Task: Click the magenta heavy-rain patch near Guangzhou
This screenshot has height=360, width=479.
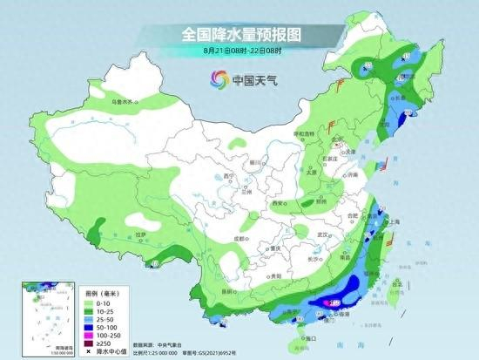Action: click(334, 302)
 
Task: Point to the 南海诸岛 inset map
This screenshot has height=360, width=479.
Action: click(42, 313)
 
